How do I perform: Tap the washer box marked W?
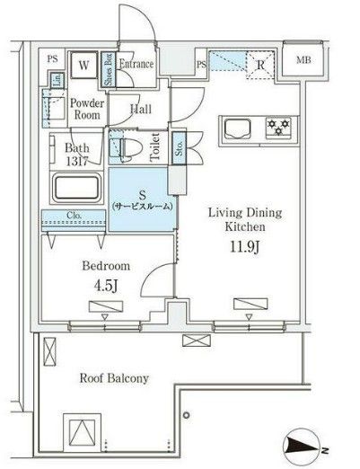pyautogui.click(x=83, y=65)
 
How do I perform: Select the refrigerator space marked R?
pyautogui.click(x=259, y=65)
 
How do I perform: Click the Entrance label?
pyautogui.click(x=136, y=64)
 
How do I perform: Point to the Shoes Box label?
pyautogui.click(x=107, y=68)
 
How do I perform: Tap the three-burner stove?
pyautogui.click(x=278, y=127)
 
